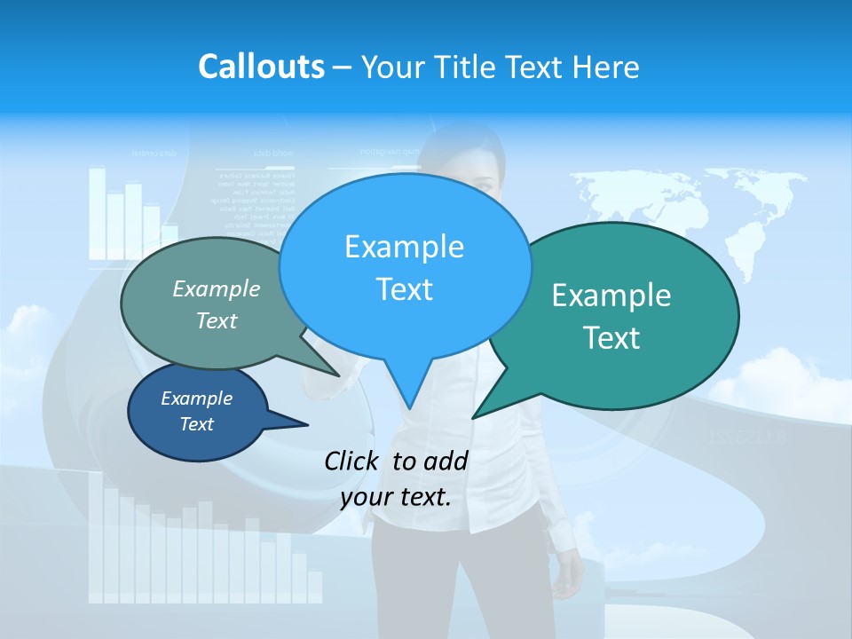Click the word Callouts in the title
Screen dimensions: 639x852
(x=261, y=67)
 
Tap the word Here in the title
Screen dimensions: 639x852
(x=605, y=67)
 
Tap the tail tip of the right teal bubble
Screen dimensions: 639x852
(x=475, y=416)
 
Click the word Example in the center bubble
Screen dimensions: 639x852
(x=404, y=247)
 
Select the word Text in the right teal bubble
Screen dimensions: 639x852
(x=611, y=337)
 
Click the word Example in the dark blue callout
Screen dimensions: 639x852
(x=196, y=398)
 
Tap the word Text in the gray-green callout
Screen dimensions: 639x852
(x=216, y=320)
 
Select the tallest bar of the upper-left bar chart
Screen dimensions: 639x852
(x=97, y=213)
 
